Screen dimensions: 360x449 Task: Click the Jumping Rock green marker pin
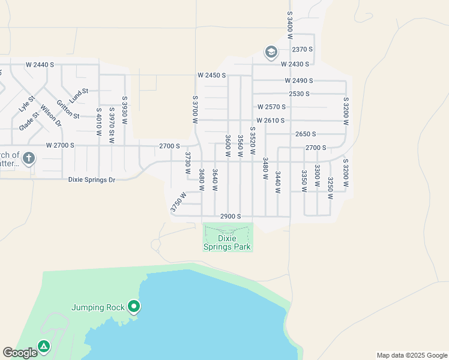tap(134, 307)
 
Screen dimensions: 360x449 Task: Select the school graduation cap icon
tap(270, 53)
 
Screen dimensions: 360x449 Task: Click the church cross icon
tap(28, 159)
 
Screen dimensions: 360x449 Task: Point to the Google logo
tap(20, 353)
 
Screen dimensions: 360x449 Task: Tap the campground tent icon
tap(43, 347)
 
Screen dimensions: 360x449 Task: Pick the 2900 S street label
tap(231, 216)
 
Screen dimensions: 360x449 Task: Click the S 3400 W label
tap(289, 21)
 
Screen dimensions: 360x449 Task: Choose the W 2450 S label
tap(211, 76)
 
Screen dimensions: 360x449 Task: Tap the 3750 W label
tap(178, 202)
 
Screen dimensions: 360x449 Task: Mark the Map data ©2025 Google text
tap(411, 355)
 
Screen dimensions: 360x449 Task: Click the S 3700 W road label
tap(195, 109)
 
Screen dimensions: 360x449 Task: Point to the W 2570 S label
tap(271, 107)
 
